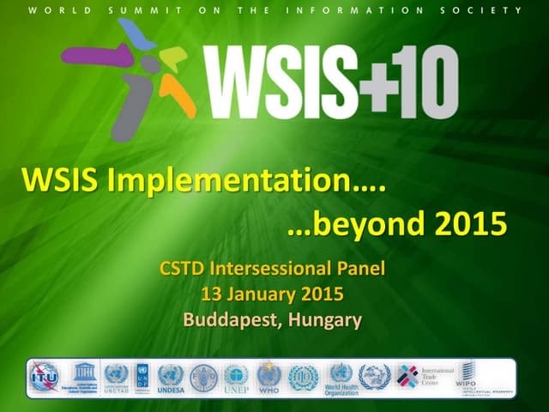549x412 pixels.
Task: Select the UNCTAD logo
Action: point(116,377)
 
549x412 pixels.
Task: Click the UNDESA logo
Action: point(171,377)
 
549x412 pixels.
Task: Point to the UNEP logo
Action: point(236,377)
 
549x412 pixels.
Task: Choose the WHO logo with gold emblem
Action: point(268,377)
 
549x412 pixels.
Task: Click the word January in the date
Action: point(261,294)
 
